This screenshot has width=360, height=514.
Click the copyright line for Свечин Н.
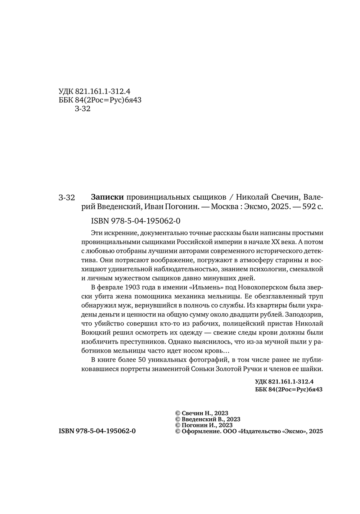(x=201, y=413)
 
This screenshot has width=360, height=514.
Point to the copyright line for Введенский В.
(x=207, y=419)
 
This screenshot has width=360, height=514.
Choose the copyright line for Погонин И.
(x=203, y=425)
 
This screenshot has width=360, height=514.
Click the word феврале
(x=112, y=287)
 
